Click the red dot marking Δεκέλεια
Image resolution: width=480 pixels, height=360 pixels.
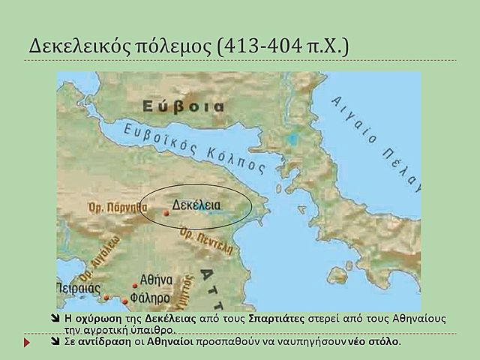(x=166, y=213)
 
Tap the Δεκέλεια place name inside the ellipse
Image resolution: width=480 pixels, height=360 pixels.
(x=196, y=204)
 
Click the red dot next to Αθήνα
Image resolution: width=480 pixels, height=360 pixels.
(x=135, y=285)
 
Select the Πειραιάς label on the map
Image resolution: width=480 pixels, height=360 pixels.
(x=79, y=286)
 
